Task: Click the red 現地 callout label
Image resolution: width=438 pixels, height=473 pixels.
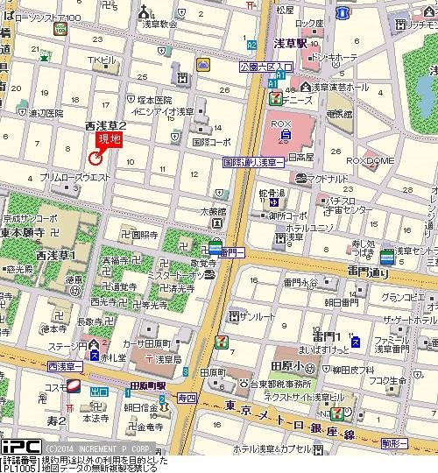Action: point(109,139)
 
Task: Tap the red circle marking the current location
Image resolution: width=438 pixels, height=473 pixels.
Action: point(95,157)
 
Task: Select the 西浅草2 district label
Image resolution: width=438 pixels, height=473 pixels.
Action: point(106,126)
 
